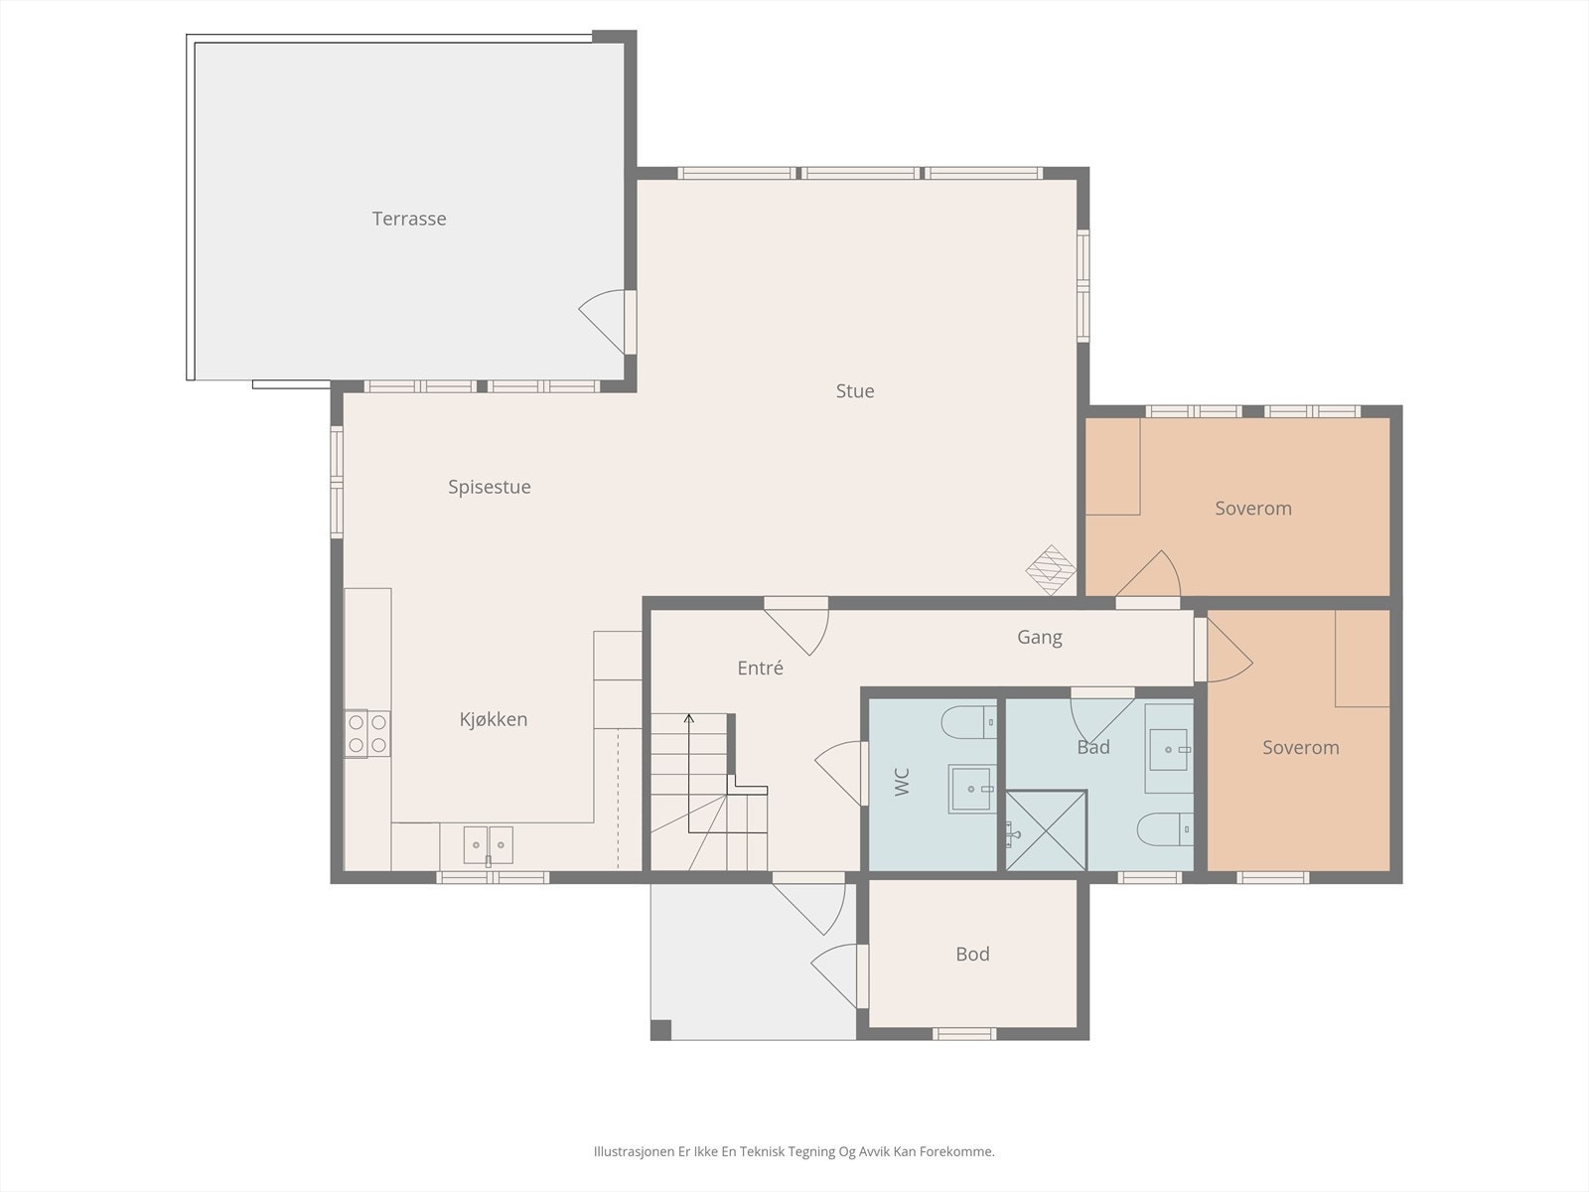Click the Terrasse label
point(409,219)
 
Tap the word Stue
point(855,390)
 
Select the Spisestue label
point(490,487)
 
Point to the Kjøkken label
point(494,719)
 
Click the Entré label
point(760,668)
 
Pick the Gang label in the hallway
point(1040,638)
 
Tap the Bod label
point(972,954)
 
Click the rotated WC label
point(902,783)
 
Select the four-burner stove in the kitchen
point(367,734)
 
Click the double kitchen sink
point(488,845)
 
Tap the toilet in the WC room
point(968,722)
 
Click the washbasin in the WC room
point(972,788)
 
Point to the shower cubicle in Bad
point(1046,830)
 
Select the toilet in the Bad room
point(1165,829)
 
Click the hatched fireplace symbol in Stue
point(1051,569)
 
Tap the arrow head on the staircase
point(688,718)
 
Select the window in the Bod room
point(964,1034)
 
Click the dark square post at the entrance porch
point(661,1030)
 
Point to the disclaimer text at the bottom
point(794,1151)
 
